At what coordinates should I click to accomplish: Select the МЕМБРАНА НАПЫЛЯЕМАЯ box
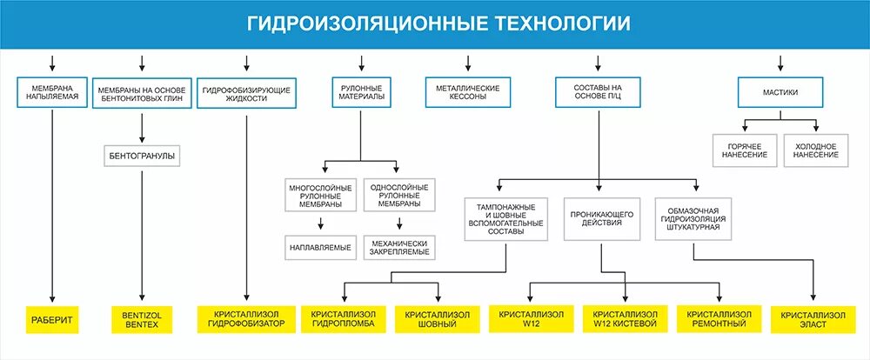pyautogui.click(x=53, y=92)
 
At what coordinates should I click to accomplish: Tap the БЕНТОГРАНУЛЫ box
pyautogui.click(x=141, y=157)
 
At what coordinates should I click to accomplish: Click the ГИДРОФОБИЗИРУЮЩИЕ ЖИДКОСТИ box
pyautogui.click(x=246, y=93)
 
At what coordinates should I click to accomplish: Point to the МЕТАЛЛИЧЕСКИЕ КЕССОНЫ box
pyautogui.click(x=468, y=93)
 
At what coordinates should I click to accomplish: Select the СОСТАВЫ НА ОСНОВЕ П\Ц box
pyautogui.click(x=599, y=93)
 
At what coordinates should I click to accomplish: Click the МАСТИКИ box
pyautogui.click(x=780, y=92)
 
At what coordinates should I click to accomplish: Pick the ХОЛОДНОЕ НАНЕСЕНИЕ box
pyautogui.click(x=816, y=150)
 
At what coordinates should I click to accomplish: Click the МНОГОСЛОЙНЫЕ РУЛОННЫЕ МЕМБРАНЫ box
pyautogui.click(x=320, y=196)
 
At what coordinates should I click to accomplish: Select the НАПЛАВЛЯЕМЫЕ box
pyautogui.click(x=320, y=247)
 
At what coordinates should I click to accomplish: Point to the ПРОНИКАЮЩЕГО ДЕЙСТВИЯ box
pyautogui.click(x=601, y=217)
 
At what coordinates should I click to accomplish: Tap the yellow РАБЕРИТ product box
pyautogui.click(x=53, y=319)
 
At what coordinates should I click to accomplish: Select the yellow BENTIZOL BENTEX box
pyautogui.click(x=141, y=319)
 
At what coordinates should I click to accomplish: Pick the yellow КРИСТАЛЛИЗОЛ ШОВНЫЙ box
pyautogui.click(x=432, y=319)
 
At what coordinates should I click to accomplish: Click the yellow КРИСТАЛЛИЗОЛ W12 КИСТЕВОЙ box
pyautogui.click(x=625, y=319)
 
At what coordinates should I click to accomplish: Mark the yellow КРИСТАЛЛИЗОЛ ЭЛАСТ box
pyautogui.click(x=813, y=319)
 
